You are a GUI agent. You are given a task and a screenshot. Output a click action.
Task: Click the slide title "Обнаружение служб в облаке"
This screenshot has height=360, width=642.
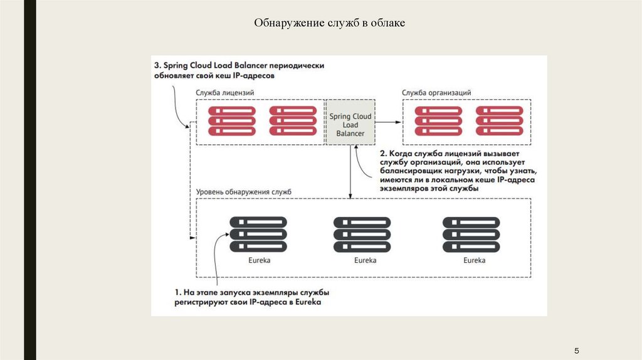(330, 23)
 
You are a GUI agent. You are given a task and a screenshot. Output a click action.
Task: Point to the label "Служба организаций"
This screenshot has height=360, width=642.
(436, 93)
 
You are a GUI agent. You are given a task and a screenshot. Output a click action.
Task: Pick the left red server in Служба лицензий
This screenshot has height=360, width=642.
(232, 121)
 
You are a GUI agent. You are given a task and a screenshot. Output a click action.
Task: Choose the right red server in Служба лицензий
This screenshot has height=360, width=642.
(293, 121)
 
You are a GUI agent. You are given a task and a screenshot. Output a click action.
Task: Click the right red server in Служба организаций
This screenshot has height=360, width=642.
(499, 121)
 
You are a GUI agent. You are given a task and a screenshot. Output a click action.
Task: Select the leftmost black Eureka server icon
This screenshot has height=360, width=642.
(258, 235)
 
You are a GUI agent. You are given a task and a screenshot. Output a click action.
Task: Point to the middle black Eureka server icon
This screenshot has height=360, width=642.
(362, 235)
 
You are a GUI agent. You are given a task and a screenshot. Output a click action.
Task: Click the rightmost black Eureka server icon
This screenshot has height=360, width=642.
(471, 235)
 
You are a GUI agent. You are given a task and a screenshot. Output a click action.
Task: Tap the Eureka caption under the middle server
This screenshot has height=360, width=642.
(365, 260)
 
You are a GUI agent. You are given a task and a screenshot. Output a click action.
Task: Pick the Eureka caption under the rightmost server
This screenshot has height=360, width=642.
(474, 260)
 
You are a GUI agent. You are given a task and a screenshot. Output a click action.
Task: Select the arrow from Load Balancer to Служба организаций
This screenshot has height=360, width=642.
(389, 122)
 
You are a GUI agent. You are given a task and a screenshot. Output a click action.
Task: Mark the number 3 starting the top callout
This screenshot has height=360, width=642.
(158, 65)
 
